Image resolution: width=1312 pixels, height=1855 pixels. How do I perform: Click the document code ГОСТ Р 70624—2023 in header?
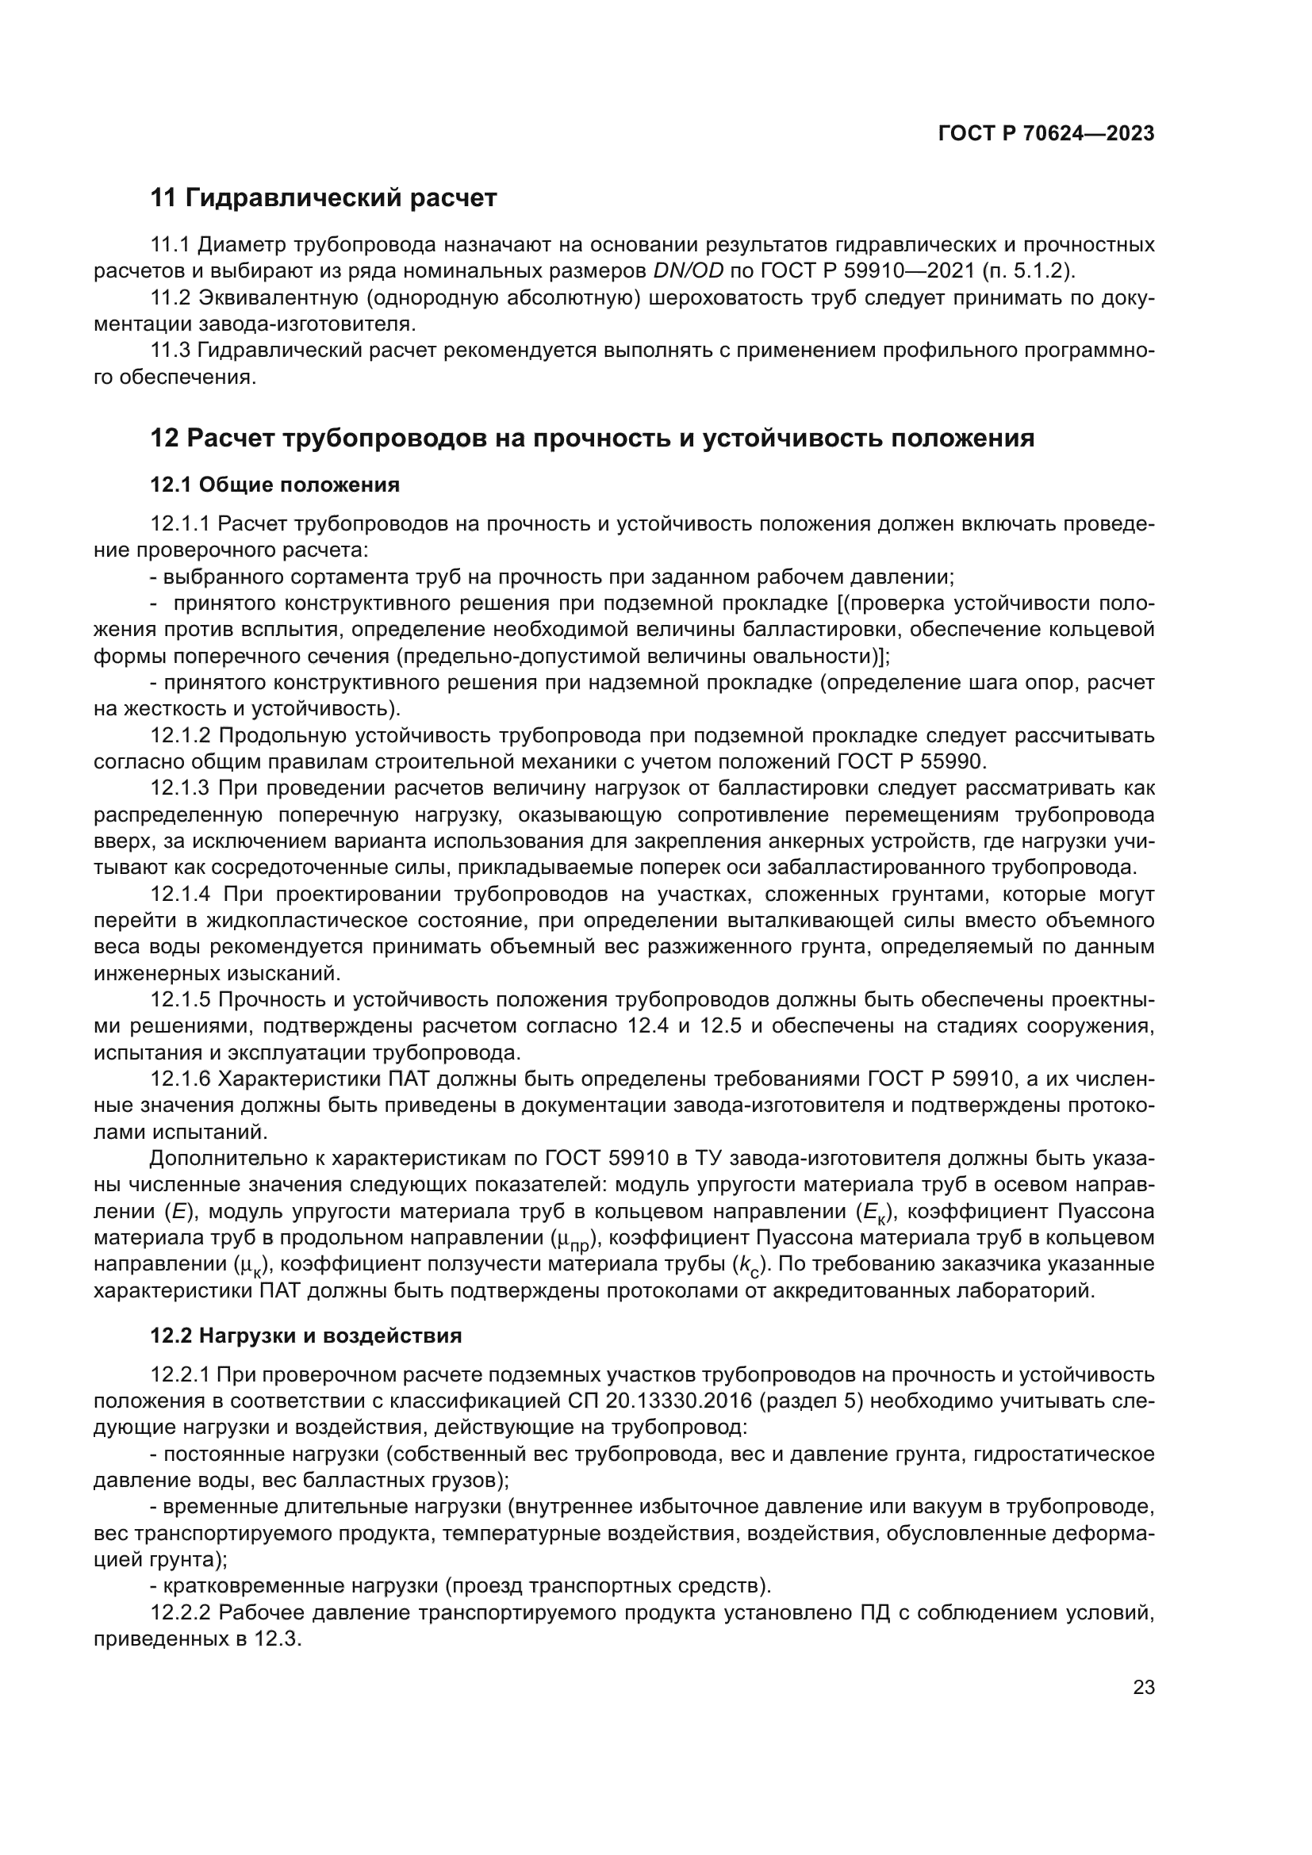click(x=1046, y=133)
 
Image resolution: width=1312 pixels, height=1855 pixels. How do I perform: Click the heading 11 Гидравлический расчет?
click(x=323, y=197)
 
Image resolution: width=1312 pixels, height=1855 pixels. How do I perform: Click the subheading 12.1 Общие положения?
click(x=274, y=485)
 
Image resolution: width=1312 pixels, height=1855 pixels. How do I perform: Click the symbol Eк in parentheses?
click(x=873, y=1213)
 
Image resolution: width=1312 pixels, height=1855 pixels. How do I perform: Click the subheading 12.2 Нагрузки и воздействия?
click(x=305, y=1336)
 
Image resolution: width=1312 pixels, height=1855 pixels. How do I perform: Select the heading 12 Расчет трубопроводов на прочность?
click(x=592, y=439)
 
